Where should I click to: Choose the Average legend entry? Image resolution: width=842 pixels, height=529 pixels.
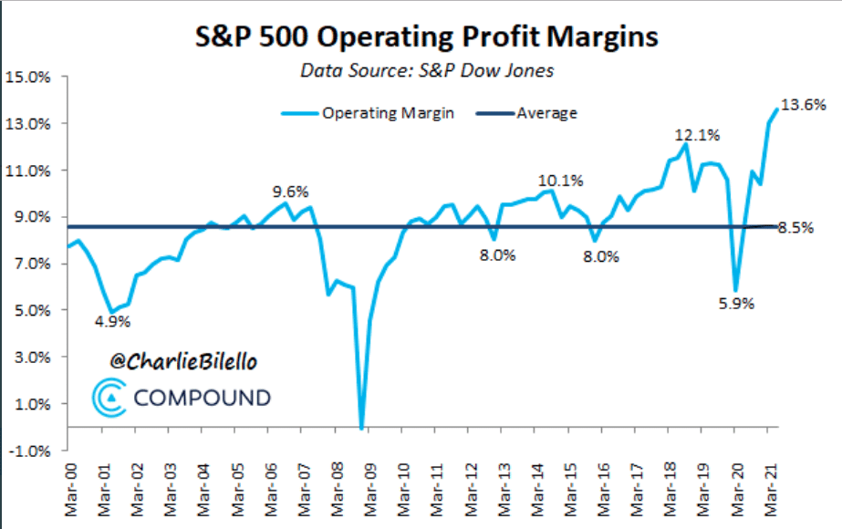coord(546,113)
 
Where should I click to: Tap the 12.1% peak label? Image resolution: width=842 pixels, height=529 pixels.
coord(698,136)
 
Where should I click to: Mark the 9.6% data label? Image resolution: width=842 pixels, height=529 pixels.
coord(291,192)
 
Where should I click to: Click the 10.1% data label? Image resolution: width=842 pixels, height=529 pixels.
coord(560,180)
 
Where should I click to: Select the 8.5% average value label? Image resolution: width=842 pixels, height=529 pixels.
coord(795,228)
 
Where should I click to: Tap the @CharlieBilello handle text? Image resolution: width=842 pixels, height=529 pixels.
coord(182,362)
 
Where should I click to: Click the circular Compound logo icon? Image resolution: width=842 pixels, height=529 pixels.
coord(110,398)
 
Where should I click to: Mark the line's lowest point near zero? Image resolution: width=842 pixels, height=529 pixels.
coord(362,427)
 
